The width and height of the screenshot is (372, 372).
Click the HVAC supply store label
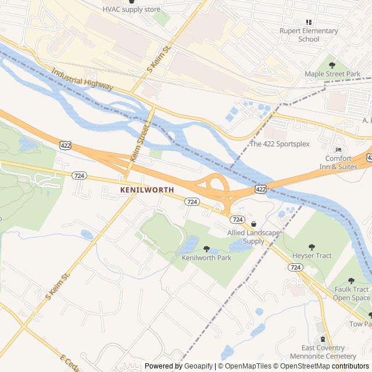(x=131, y=9)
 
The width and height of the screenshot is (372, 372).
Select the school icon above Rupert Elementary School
(x=309, y=22)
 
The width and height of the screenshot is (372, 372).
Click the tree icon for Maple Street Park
(x=332, y=65)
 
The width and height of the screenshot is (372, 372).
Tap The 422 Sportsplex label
(x=280, y=144)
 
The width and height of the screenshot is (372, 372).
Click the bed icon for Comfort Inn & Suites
(x=339, y=150)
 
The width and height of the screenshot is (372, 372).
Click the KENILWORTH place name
(x=147, y=190)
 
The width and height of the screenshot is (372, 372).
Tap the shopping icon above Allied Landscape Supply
(x=253, y=224)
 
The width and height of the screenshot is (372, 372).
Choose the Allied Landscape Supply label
(x=253, y=237)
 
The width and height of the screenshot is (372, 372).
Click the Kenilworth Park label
(x=206, y=257)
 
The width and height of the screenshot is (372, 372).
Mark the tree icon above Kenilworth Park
(x=206, y=249)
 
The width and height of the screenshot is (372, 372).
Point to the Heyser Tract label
(x=312, y=256)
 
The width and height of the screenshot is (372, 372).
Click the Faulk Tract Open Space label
(x=351, y=294)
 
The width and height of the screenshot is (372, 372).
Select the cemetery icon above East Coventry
(x=321, y=339)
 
